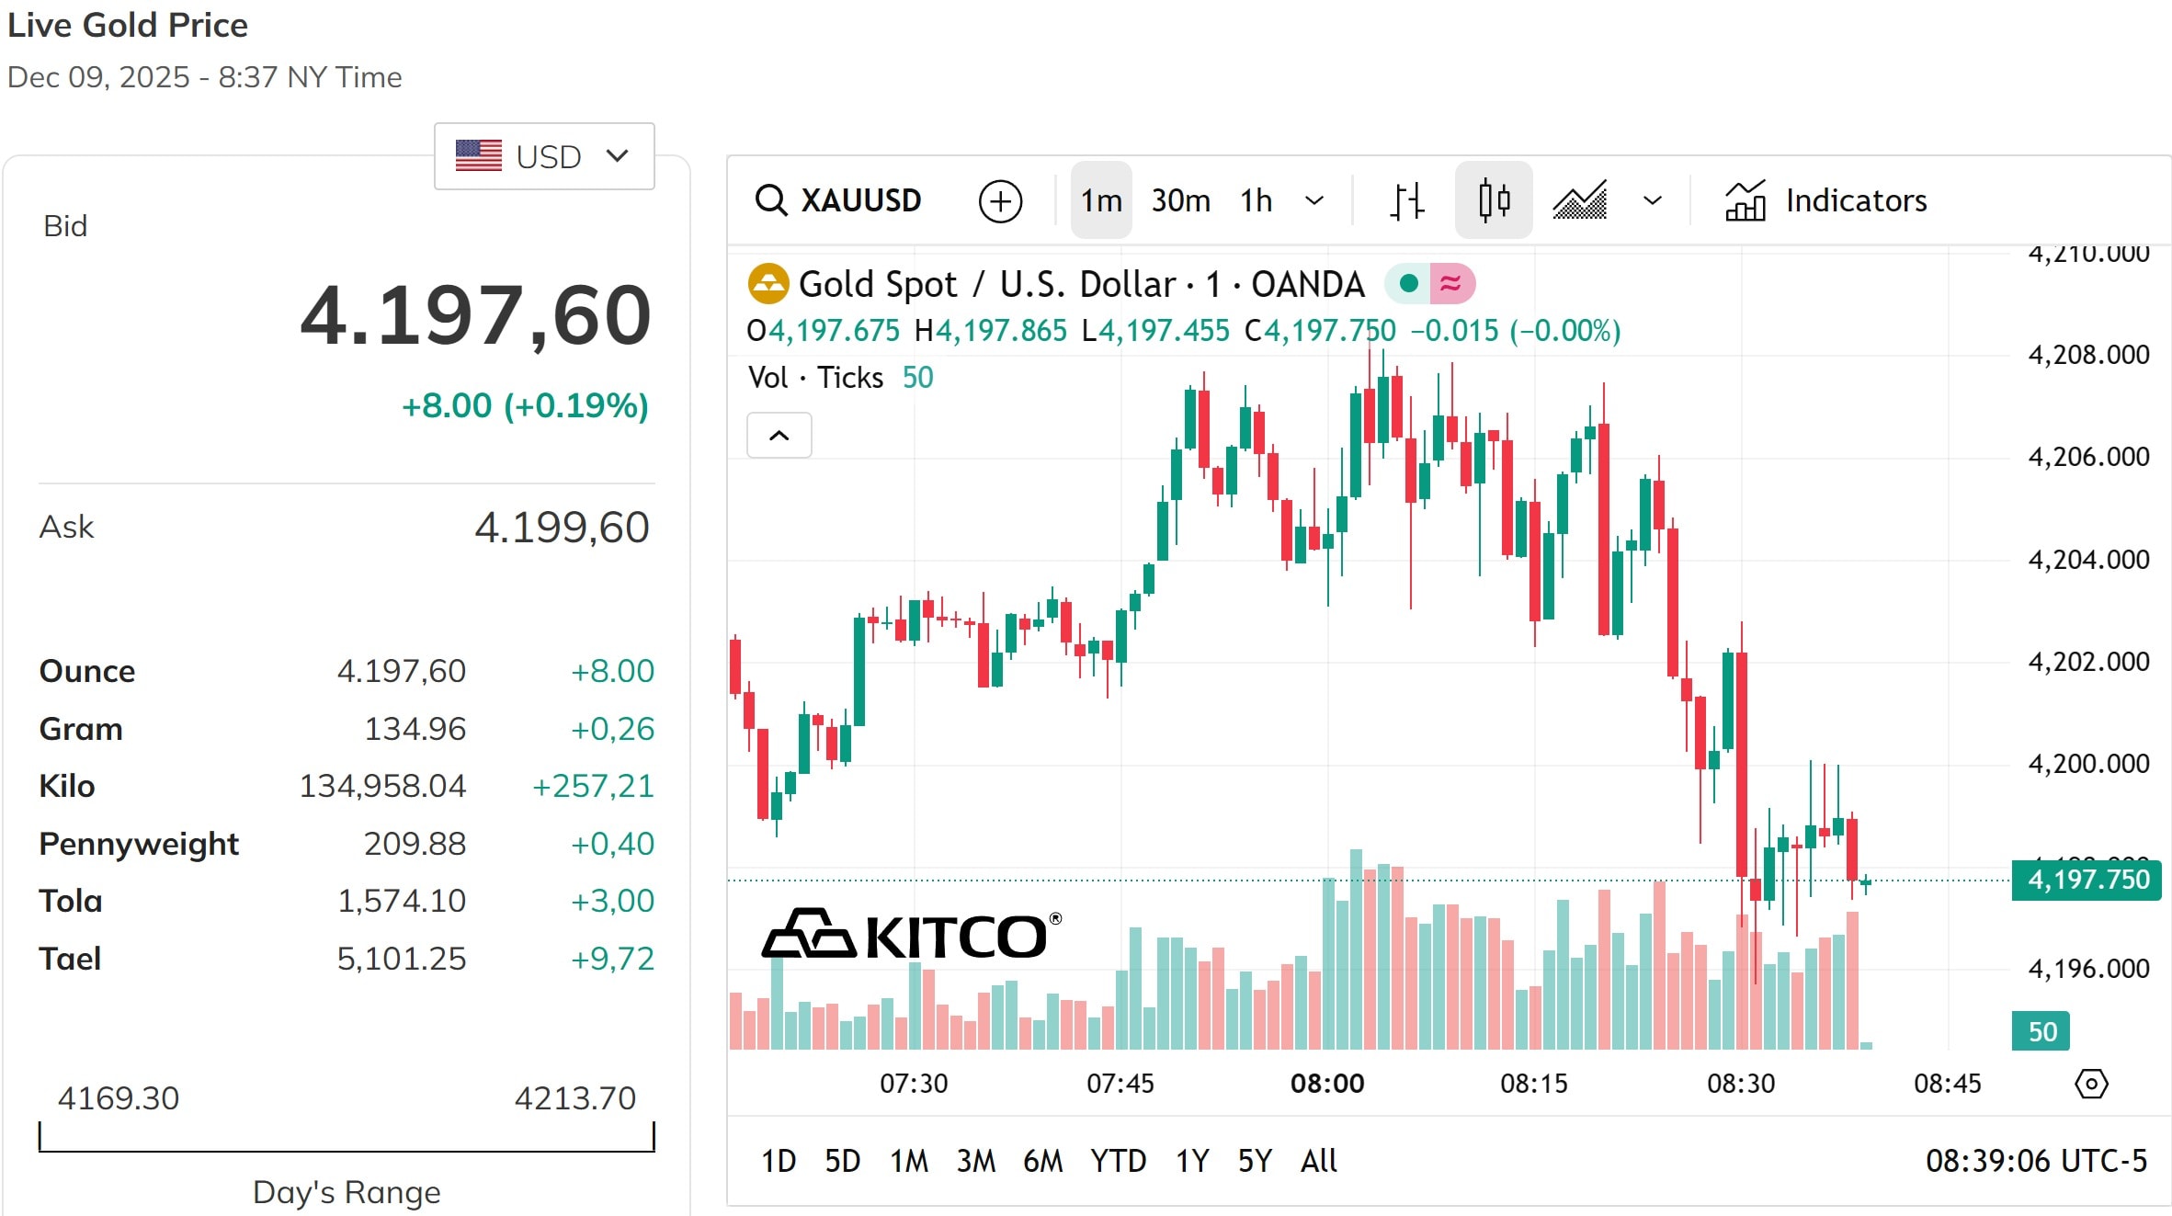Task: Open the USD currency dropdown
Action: [544, 156]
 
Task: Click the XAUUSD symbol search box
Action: [838, 200]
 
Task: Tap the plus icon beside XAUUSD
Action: [1000, 201]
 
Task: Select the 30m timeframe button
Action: [1180, 200]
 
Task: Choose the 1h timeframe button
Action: [1256, 200]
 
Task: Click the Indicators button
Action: [1825, 200]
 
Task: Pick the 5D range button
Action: [842, 1161]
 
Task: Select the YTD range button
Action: [1118, 1161]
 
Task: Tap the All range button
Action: [1318, 1161]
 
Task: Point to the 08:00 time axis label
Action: [1327, 1084]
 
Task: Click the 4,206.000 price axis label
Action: [2088, 457]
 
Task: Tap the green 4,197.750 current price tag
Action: [2087, 880]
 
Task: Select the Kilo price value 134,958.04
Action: [382, 787]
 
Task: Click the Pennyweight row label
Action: [139, 844]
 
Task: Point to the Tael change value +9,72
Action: [612, 959]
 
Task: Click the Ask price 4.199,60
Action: [562, 528]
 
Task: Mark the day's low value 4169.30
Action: [119, 1098]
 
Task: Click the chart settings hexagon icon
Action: [2091, 1084]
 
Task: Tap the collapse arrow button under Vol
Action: [779, 436]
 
